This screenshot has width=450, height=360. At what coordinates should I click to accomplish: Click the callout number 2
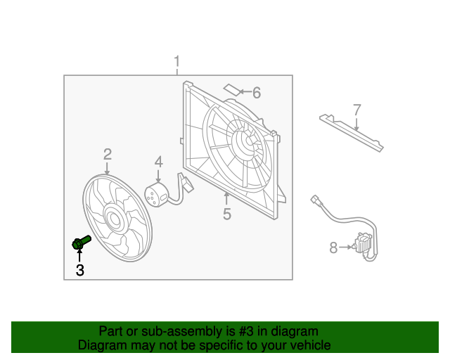(x=108, y=154)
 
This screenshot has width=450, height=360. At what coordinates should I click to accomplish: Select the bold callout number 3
(x=79, y=269)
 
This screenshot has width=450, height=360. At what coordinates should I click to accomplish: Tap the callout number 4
(x=159, y=162)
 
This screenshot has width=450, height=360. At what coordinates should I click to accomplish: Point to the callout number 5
(x=226, y=214)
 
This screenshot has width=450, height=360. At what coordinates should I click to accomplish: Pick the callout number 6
(x=256, y=93)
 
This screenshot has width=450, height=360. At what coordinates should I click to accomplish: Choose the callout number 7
(x=356, y=110)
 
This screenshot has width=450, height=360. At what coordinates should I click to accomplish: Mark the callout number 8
(x=333, y=247)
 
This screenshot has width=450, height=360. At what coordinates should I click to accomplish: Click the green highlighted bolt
(x=81, y=243)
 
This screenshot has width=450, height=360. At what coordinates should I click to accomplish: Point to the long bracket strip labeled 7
(x=351, y=133)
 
